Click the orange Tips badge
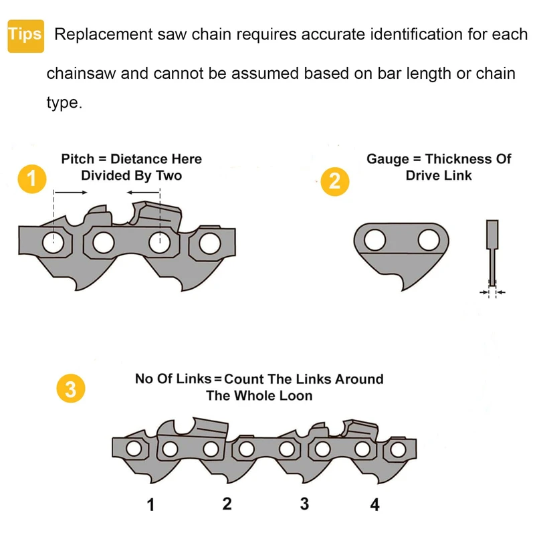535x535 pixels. point(25,35)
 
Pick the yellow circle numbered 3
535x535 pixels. point(71,391)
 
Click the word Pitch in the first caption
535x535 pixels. point(78,159)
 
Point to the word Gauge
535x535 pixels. point(387,159)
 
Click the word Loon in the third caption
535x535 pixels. point(296,396)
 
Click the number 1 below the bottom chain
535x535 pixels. point(150,505)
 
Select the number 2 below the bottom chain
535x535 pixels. point(227,504)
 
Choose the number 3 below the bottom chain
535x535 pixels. point(304,504)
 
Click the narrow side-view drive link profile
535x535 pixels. point(492,254)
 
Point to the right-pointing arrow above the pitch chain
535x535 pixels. point(71,193)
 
